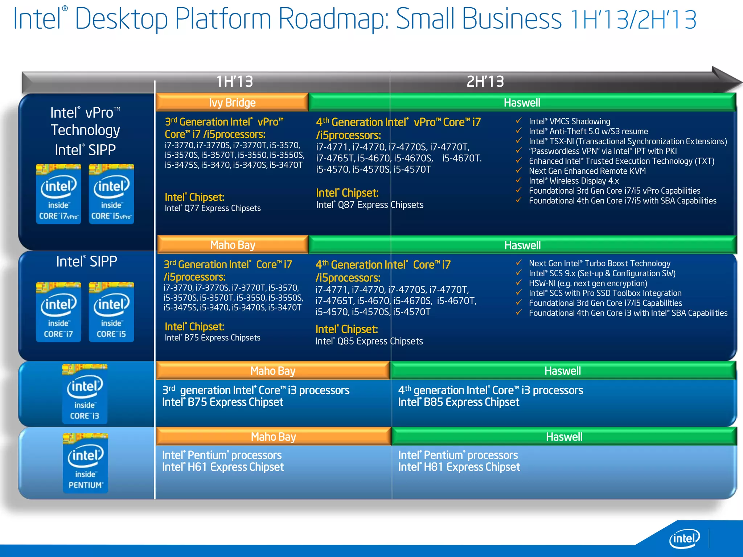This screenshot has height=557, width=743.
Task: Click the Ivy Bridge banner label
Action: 232,103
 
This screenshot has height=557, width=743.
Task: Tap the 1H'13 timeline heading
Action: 234,82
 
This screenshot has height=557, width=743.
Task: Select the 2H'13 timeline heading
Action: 485,82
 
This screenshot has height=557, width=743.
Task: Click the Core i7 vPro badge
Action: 58,194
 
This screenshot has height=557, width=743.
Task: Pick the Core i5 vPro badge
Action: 111,194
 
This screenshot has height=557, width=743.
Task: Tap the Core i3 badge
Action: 85,394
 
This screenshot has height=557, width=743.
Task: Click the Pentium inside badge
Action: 85,463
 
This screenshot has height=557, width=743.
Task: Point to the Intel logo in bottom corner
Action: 684,539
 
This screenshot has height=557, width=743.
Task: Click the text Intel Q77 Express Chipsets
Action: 213,208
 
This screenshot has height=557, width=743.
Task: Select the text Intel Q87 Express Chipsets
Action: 369,205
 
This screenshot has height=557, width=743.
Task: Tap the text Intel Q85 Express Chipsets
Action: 369,341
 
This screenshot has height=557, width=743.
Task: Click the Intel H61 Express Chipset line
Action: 223,467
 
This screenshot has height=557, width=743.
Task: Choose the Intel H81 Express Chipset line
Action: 459,467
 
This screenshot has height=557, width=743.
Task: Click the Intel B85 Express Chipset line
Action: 459,402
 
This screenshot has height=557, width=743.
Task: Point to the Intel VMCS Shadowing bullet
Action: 569,121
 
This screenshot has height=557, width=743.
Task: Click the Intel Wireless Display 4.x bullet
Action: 574,181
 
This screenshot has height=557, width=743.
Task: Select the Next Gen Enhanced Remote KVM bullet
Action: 587,171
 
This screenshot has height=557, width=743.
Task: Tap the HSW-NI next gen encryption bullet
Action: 588,283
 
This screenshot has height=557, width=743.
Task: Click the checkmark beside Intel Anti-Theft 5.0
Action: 519,131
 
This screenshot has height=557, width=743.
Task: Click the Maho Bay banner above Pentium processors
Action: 273,437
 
